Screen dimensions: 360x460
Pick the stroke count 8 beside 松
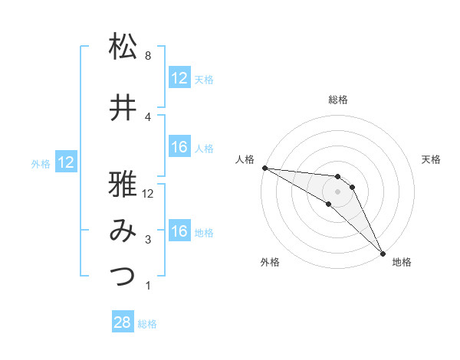pos(147,56)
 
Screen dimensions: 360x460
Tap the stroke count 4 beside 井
pos(147,116)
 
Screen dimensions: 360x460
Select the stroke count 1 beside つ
pos(147,286)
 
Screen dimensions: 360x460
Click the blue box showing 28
pos(123,322)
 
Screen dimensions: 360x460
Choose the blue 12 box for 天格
pos(179,78)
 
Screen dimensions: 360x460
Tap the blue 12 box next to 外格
pos(65,162)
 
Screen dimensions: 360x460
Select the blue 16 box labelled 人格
pos(179,147)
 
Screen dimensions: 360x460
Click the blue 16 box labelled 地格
pos(179,231)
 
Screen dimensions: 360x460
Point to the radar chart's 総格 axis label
pos(338,100)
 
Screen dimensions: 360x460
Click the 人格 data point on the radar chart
pos(264,168)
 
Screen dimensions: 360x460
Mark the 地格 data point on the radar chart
pos(383,252)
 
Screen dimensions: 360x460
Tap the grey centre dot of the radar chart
pos(338,191)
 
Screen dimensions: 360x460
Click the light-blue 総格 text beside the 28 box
pos(147,324)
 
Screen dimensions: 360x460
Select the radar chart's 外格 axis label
pos(270,263)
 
